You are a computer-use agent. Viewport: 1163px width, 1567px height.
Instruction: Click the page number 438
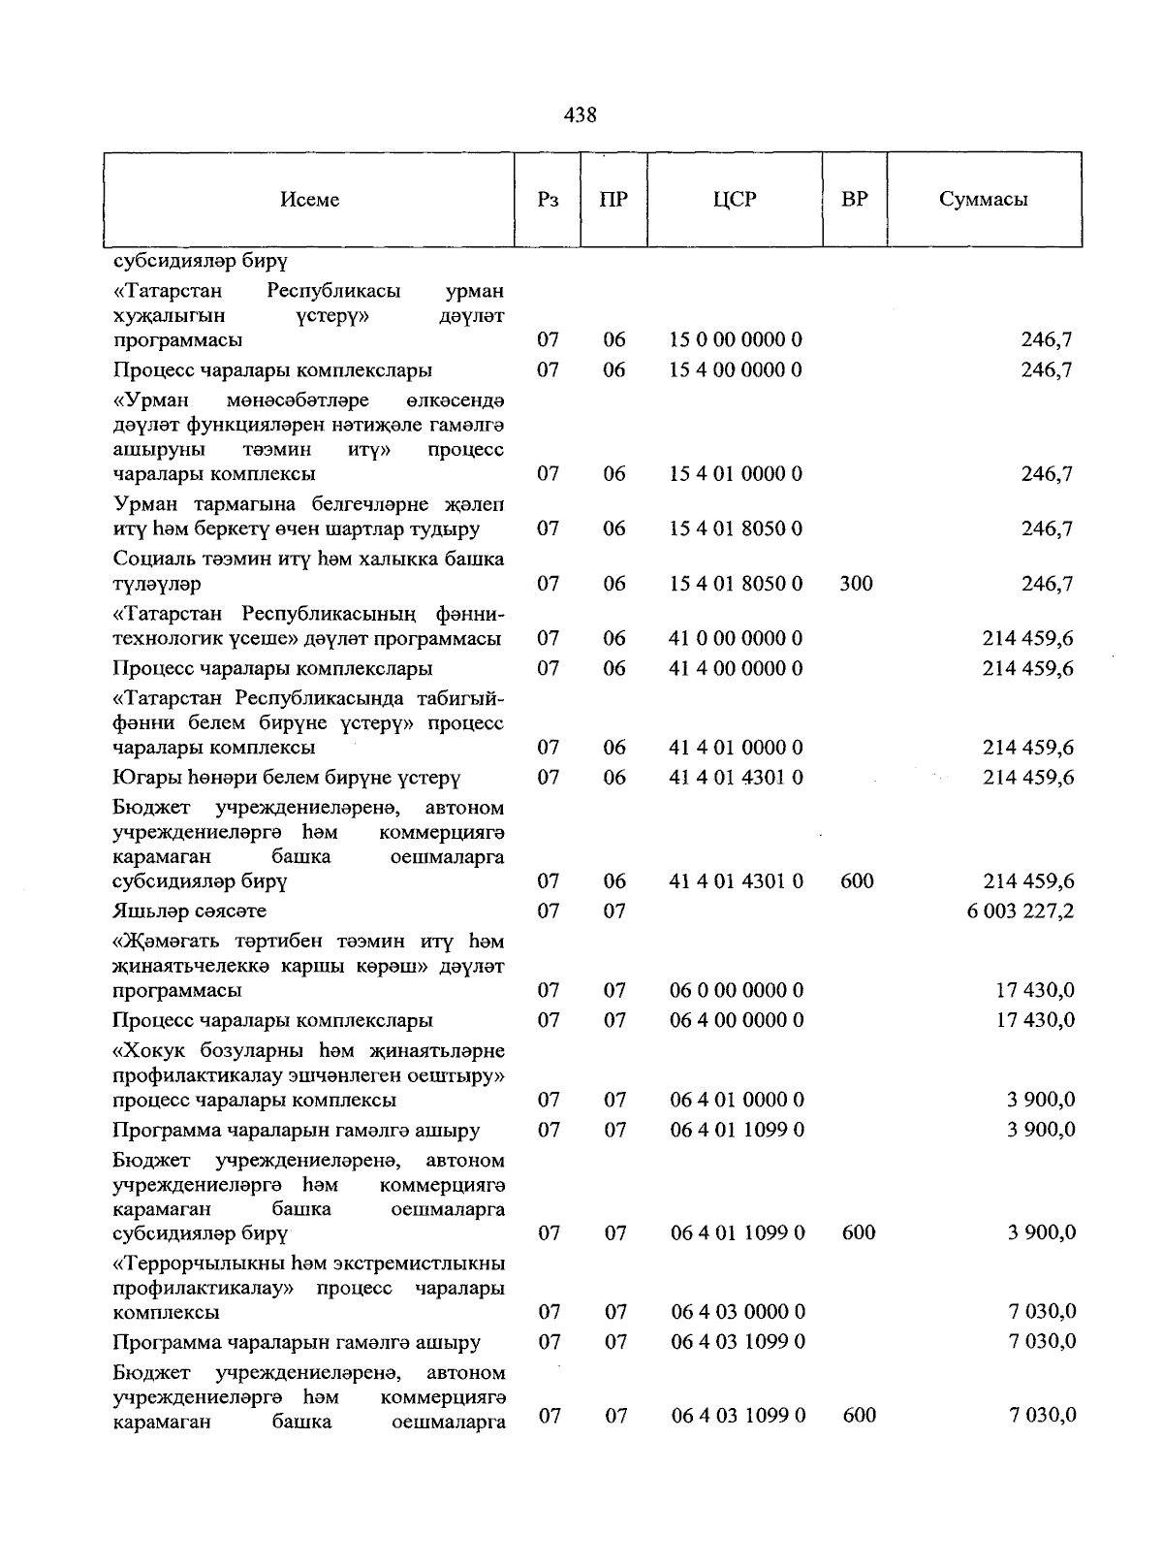pyautogui.click(x=580, y=115)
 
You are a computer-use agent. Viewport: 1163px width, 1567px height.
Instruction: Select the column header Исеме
pyautogui.click(x=310, y=200)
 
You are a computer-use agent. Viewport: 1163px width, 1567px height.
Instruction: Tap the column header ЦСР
pyautogui.click(x=735, y=200)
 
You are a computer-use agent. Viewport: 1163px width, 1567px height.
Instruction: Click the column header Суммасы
pyautogui.click(x=983, y=200)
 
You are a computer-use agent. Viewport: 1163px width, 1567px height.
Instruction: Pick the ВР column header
pyautogui.click(x=855, y=200)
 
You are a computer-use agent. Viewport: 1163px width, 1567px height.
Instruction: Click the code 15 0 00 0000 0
pyautogui.click(x=737, y=340)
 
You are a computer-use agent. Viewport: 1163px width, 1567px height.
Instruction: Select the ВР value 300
pyautogui.click(x=857, y=584)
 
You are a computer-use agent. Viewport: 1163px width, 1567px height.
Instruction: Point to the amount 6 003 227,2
pyautogui.click(x=1021, y=911)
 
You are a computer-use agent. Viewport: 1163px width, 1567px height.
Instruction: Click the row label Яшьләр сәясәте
pyautogui.click(x=189, y=911)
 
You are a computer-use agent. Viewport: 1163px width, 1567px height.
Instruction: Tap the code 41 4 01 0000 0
pyautogui.click(x=737, y=748)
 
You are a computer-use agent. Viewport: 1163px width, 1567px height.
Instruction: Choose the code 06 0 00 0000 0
pyautogui.click(x=737, y=991)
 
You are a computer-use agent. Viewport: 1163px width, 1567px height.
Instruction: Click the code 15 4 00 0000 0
pyautogui.click(x=737, y=370)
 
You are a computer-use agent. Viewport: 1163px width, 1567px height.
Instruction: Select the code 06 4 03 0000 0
pyautogui.click(x=738, y=1313)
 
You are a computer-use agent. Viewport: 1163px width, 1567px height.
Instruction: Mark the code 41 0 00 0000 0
pyautogui.click(x=737, y=639)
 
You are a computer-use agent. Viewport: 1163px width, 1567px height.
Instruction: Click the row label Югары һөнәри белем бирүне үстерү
pyautogui.click(x=286, y=778)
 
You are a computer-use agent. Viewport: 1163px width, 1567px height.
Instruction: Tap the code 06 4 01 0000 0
pyautogui.click(x=737, y=1101)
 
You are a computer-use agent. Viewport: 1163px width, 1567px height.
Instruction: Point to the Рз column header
pyautogui.click(x=548, y=200)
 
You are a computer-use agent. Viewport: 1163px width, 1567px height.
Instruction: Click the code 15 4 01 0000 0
pyautogui.click(x=737, y=474)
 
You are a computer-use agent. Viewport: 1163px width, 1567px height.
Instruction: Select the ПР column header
pyautogui.click(x=613, y=200)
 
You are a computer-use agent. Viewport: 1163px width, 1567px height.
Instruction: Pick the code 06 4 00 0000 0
pyautogui.click(x=737, y=1021)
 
